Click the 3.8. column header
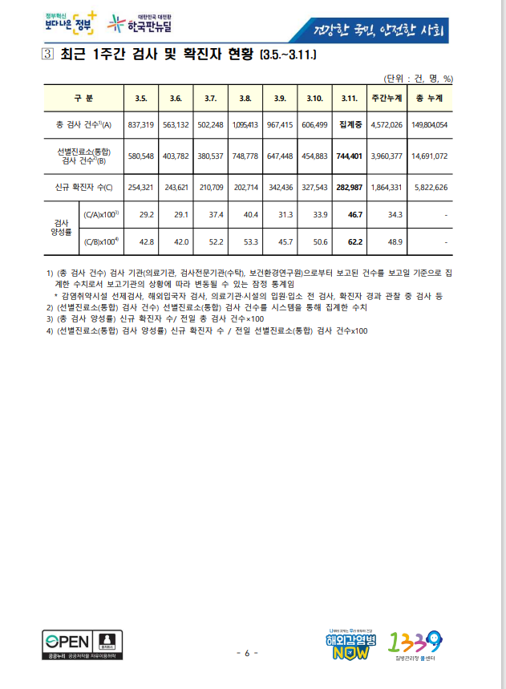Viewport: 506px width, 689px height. [x=245, y=98]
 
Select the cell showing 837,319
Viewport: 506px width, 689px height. [x=141, y=125]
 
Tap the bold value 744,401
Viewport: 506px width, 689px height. [x=349, y=156]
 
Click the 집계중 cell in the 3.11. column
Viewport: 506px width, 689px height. [x=349, y=125]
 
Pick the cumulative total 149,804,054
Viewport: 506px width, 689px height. [x=430, y=125]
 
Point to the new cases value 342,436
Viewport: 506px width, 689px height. [x=280, y=187]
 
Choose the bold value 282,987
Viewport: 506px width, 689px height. [x=349, y=187]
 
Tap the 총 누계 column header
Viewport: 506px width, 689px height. [x=430, y=98]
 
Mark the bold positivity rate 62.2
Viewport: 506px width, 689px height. [x=349, y=241]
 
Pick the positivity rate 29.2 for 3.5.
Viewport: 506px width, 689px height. [x=146, y=215]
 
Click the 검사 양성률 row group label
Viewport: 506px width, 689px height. [x=60, y=227]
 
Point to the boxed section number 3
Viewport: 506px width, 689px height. [x=47, y=55]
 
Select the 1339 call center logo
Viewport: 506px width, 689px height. [x=416, y=644]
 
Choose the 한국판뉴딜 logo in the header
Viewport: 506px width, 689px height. [x=145, y=24]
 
